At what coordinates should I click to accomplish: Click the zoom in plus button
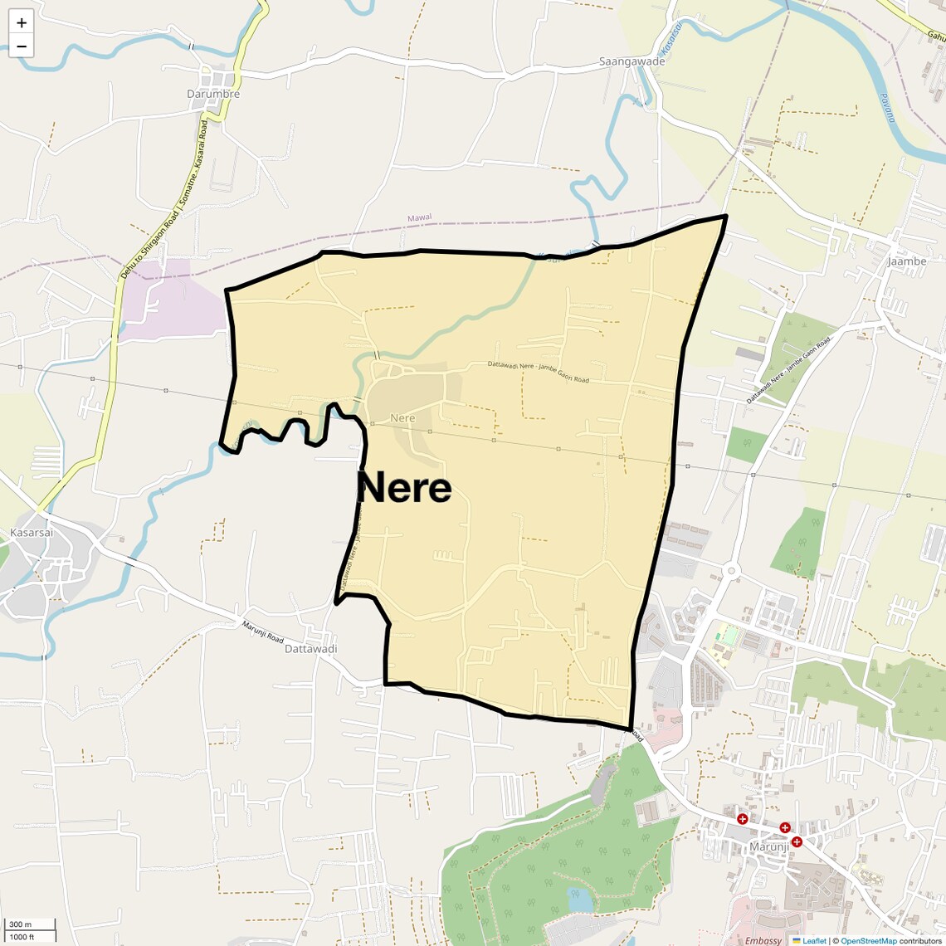(22, 22)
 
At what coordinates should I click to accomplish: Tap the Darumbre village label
(213, 94)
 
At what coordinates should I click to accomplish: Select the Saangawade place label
(632, 61)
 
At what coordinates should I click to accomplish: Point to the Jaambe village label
(907, 261)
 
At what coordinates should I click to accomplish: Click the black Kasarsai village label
(32, 532)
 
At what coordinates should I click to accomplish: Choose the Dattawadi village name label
(311, 649)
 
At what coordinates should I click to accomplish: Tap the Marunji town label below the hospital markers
(769, 846)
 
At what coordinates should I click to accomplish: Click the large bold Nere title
(404, 487)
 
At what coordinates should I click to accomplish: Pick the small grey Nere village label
(402, 418)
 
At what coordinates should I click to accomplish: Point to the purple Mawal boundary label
(420, 218)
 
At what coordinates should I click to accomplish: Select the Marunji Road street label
(263, 632)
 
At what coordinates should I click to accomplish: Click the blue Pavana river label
(887, 108)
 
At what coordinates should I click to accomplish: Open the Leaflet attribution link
(813, 940)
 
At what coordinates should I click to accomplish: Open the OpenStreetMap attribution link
(868, 940)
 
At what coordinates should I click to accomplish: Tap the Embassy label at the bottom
(763, 940)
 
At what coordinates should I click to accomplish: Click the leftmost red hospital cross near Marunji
(743, 819)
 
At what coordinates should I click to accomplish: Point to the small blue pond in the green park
(580, 898)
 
